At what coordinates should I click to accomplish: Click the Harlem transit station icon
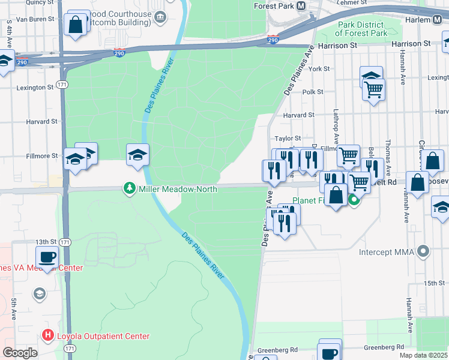[x=441, y=20]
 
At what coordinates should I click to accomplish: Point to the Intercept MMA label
[x=387, y=251]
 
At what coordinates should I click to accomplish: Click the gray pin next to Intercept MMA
[x=424, y=251]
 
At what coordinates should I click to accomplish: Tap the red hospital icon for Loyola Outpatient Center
[x=47, y=336]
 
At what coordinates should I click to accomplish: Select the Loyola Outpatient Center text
[x=103, y=336]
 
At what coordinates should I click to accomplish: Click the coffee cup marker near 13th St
[x=47, y=258]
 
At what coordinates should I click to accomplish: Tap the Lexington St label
[x=35, y=88]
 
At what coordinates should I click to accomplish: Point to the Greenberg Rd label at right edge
[x=385, y=347]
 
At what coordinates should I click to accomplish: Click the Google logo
[x=20, y=353]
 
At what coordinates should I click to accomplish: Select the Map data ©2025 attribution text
[x=423, y=355]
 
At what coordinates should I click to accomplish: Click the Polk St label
[x=313, y=92]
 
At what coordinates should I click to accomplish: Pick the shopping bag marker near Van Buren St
[x=76, y=25]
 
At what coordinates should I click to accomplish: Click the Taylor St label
[x=288, y=138]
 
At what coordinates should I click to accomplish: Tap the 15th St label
[x=433, y=283]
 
